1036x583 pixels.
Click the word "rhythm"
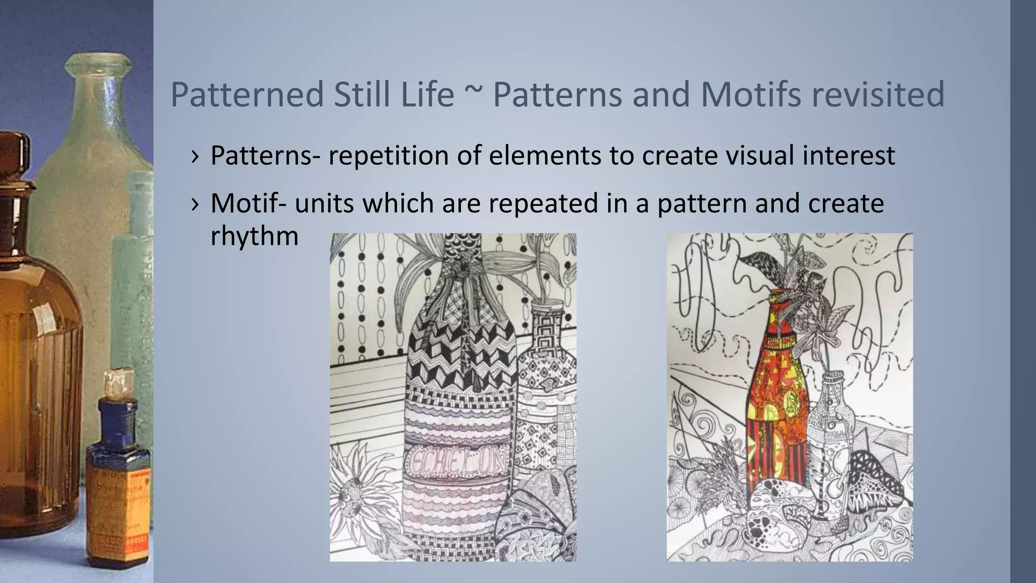[x=254, y=236]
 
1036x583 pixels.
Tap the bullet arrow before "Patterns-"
[x=195, y=156]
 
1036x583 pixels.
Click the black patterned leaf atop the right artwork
[x=759, y=263]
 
